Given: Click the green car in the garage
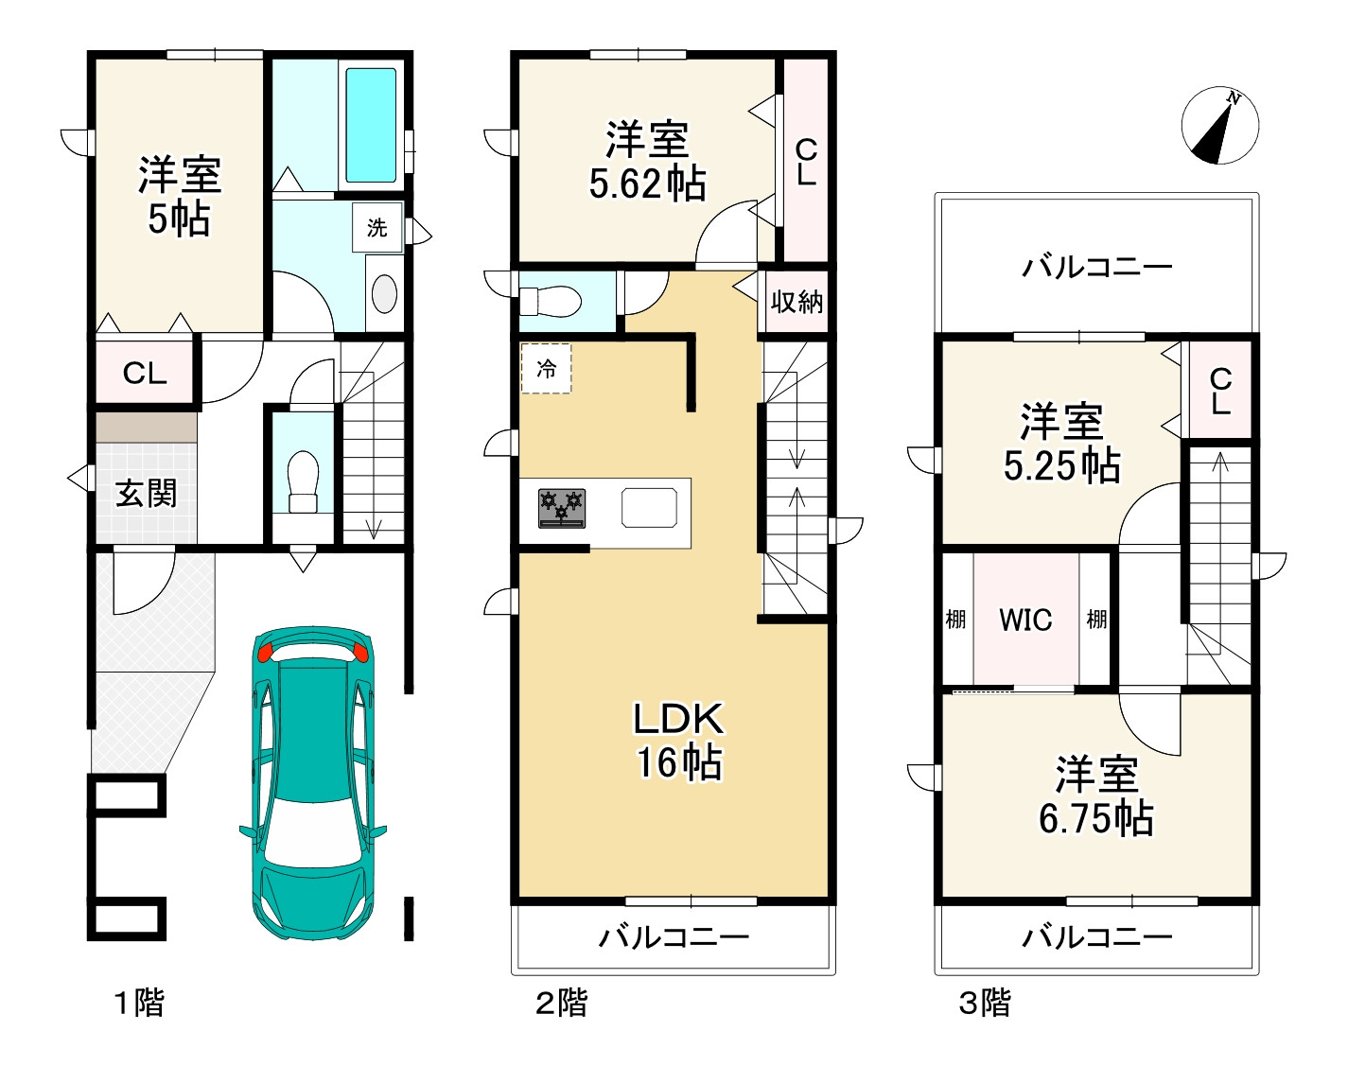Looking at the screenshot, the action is (x=313, y=783).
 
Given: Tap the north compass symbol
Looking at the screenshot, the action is (x=1219, y=125).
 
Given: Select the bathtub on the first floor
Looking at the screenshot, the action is (x=371, y=125).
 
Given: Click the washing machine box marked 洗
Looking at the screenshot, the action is (x=377, y=227).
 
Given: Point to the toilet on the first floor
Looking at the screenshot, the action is (x=303, y=481).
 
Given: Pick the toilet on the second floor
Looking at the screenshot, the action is (x=551, y=301).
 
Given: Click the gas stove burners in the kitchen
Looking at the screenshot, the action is (x=562, y=508).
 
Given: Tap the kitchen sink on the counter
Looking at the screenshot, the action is (x=649, y=508).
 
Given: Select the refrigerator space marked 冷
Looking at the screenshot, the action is (x=546, y=368).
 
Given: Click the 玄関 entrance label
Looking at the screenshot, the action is (x=146, y=494).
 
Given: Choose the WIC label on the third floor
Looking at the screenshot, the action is (x=1025, y=620).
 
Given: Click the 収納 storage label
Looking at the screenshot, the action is (x=797, y=302).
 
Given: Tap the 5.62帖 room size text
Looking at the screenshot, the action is (x=648, y=183).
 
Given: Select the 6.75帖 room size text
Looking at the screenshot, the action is (x=1096, y=818).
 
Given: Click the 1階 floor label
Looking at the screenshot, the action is (x=139, y=1003).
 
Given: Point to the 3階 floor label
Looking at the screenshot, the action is (x=986, y=1003).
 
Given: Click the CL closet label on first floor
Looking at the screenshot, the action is (x=145, y=374).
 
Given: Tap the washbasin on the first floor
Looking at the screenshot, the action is (x=384, y=294).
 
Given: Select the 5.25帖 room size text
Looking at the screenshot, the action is (x=1061, y=465).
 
